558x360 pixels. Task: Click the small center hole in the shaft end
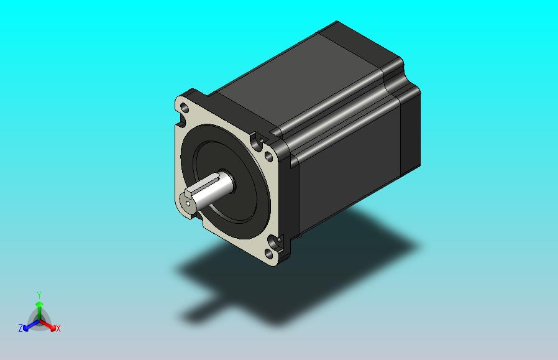coord(188,203)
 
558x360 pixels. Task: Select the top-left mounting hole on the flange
coord(185,106)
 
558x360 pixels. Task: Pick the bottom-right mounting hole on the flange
coord(269,254)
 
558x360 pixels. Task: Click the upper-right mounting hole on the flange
coord(269,156)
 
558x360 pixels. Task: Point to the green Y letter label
coord(39,295)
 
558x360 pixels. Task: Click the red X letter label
coord(58,328)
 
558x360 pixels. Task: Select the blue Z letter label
coord(21,328)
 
